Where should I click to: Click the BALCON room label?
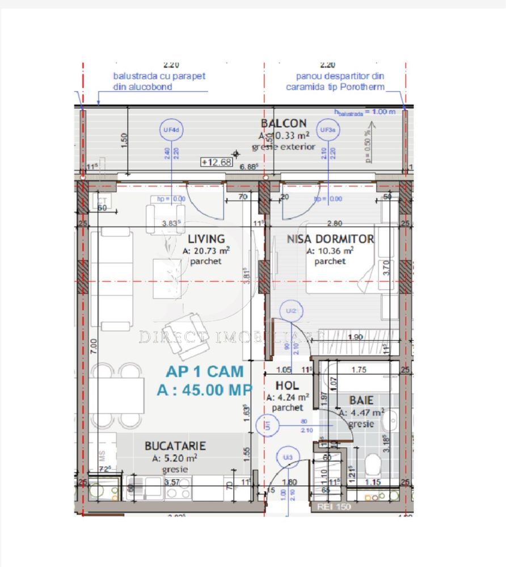click(284, 124)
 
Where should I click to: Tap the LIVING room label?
click(206, 239)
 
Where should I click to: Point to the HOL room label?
click(288, 386)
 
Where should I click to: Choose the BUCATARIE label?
click(175, 446)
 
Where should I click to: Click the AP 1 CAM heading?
click(205, 372)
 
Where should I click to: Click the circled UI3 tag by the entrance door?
click(288, 457)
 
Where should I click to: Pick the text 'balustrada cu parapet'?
click(159, 76)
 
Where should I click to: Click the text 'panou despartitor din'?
click(335, 76)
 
